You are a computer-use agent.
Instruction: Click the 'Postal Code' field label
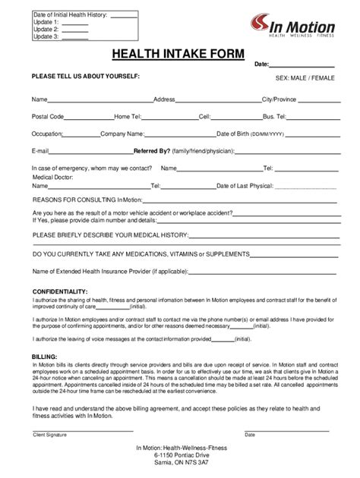tap(47, 116)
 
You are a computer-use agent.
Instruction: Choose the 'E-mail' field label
tap(40, 150)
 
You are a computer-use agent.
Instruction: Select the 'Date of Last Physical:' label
tap(245, 184)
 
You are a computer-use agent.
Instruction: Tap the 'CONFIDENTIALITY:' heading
tap(60, 292)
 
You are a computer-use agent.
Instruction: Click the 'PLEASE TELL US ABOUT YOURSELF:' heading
tap(86, 77)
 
